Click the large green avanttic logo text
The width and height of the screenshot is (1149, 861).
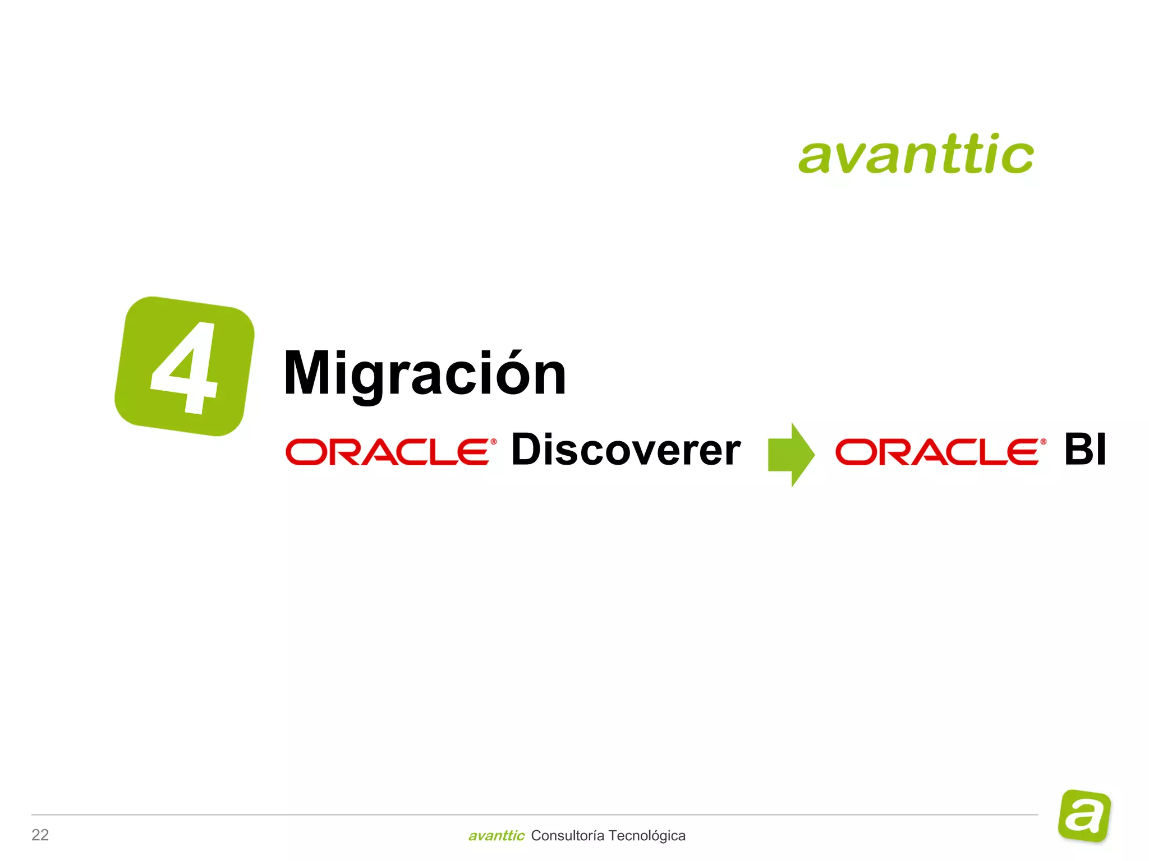point(916,154)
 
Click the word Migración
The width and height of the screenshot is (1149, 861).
point(425,374)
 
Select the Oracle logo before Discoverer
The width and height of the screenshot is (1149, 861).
point(388,452)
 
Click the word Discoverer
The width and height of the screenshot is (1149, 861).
point(626,450)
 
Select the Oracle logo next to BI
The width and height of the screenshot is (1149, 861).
point(938,452)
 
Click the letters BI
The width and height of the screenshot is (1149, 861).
point(1085,450)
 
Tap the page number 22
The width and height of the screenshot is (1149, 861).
point(40,835)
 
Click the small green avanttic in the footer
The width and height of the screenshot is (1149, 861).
point(496,836)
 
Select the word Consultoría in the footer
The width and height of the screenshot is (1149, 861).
point(567,836)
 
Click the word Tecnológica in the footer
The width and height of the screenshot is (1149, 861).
point(646,836)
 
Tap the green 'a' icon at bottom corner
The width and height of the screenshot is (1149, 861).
point(1084,816)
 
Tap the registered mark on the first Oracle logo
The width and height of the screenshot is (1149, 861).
point(493,442)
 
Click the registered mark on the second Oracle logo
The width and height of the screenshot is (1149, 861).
point(1043,442)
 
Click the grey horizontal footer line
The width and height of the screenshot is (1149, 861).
point(533,814)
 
